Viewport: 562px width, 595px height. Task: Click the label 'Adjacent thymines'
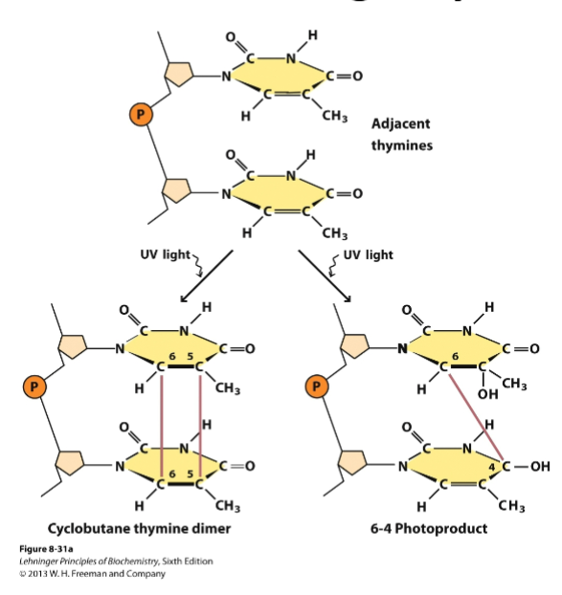(x=400, y=134)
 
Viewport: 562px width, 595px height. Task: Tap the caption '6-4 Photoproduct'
(x=428, y=528)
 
